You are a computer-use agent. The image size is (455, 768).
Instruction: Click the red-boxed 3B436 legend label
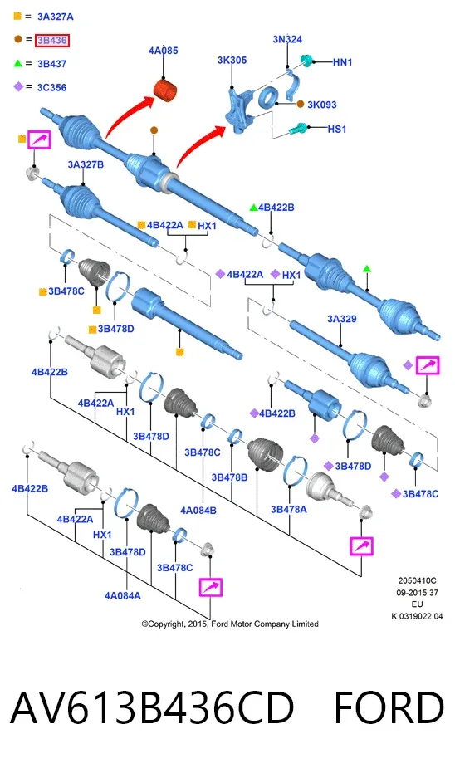[52, 40]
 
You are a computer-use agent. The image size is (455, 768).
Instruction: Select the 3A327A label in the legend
[56, 17]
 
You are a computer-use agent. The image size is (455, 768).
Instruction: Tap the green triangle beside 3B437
[18, 63]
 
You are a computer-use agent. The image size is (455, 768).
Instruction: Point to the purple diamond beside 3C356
[18, 86]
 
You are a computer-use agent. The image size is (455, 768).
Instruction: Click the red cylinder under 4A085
[165, 90]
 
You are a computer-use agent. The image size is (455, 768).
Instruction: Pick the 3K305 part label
[232, 61]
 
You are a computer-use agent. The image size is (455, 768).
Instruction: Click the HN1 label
[342, 62]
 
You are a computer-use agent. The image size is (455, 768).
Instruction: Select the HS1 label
[337, 129]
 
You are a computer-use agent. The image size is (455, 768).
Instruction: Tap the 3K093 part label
[322, 105]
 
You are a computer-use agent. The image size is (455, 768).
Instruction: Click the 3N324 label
[287, 39]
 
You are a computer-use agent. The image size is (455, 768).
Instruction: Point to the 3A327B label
[86, 164]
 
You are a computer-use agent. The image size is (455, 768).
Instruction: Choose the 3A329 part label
[342, 319]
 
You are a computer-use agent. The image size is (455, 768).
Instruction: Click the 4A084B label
[198, 511]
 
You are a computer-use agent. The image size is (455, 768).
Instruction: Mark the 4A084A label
[122, 595]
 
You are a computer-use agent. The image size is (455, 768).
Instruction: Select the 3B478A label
[289, 510]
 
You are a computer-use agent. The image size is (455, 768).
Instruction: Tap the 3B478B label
[229, 477]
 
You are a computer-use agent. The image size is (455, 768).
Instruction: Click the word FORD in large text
[389, 707]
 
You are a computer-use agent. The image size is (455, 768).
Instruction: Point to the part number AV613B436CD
[152, 707]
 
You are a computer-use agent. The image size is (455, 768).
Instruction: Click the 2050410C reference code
[418, 580]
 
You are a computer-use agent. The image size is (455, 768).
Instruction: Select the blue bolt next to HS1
[298, 130]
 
